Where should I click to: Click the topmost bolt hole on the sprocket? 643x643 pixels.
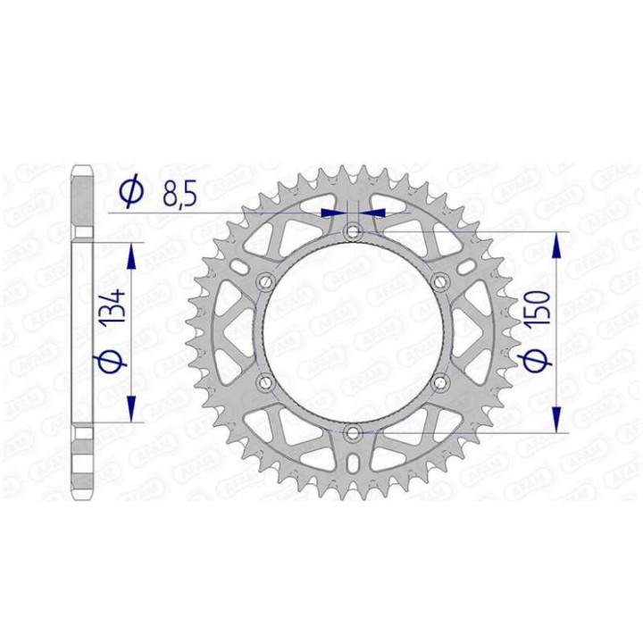tap(354, 232)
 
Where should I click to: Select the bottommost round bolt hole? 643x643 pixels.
tap(354, 433)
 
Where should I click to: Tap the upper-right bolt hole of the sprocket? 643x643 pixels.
tap(440, 282)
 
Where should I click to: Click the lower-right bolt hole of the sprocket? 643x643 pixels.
tap(440, 383)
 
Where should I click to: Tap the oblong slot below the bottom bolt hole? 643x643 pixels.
tap(354, 463)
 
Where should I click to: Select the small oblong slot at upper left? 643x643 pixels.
tap(240, 266)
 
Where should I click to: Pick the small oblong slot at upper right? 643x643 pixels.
tap(467, 266)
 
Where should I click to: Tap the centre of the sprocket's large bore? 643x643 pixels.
tap(354, 332)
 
